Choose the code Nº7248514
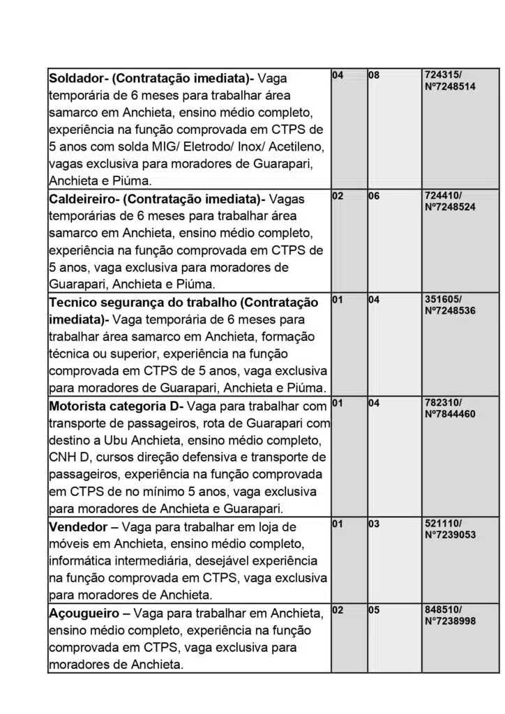pos(450,86)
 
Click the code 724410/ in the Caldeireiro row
pos(443,196)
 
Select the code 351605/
pos(443,299)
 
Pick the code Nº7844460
pos(450,414)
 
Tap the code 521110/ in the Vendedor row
pos(443,523)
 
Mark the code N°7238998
pos(450,621)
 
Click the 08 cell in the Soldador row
pos(374,74)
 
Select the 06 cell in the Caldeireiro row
pos(374,196)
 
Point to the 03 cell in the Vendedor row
pos(374,524)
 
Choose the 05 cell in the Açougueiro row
pos(374,610)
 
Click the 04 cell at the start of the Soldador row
pos(338,74)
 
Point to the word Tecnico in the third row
pos(75,303)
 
